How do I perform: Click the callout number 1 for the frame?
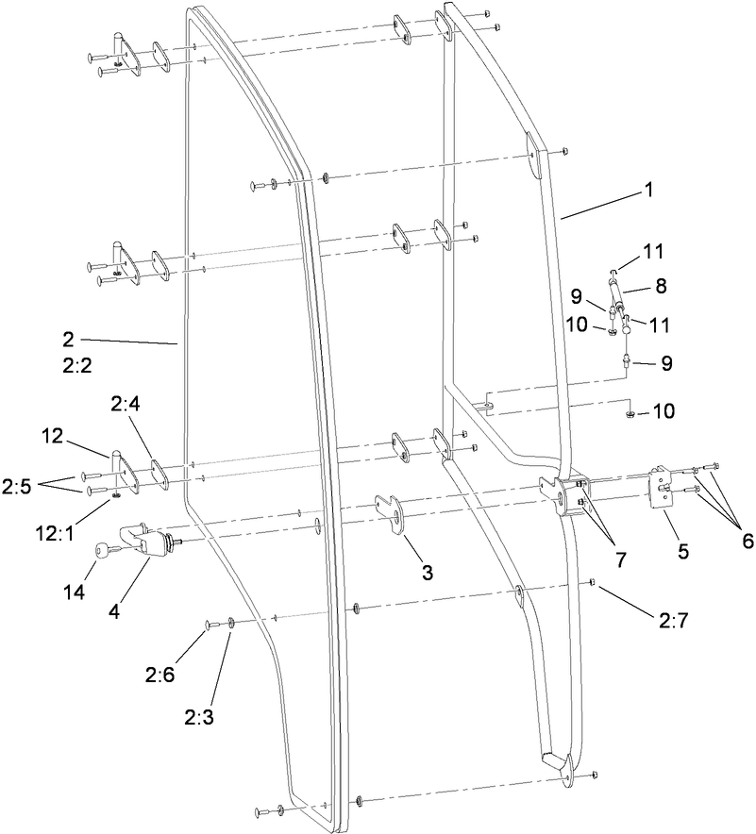[x=648, y=189]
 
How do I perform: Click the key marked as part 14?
[x=99, y=549]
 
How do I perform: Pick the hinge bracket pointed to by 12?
[x=124, y=472]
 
